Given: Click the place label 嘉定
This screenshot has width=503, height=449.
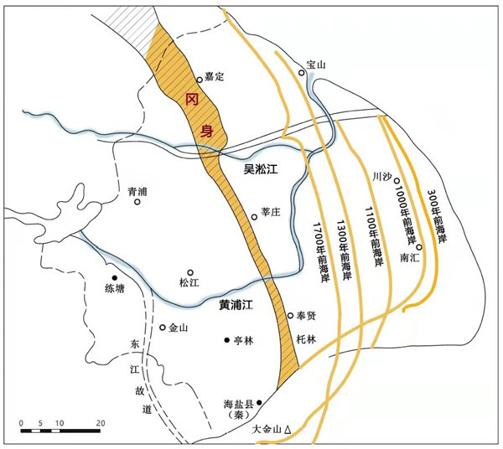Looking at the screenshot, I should coord(215,77).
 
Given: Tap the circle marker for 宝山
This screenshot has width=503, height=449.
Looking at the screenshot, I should coord(303,73).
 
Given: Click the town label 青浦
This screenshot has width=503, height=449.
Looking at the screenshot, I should coord(137,192).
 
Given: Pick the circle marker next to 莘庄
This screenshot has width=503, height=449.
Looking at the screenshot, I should coord(255,217).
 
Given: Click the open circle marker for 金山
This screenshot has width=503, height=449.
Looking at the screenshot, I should coord(163,328).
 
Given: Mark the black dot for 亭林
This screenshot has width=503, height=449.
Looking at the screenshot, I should coord(226,340).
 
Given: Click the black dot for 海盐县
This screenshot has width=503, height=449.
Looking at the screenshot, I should coord(259,403).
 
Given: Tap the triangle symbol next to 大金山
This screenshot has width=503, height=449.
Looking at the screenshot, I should coord(288,429).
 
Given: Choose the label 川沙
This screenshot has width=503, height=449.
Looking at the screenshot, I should coord(381,177).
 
